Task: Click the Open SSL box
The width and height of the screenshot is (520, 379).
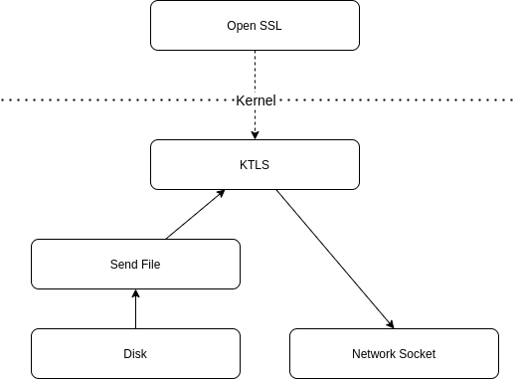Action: click(x=255, y=26)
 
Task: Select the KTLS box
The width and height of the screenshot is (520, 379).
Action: click(x=255, y=164)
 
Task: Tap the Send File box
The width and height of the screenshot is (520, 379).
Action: click(x=135, y=265)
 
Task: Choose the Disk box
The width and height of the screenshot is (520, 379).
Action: click(x=135, y=354)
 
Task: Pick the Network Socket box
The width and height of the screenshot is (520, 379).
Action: click(x=394, y=354)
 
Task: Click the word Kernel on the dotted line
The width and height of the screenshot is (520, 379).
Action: click(x=256, y=100)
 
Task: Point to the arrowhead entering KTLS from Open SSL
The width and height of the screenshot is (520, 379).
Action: click(x=255, y=135)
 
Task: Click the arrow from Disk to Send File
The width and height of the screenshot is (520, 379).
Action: click(x=135, y=309)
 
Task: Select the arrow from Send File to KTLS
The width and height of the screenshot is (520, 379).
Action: click(x=195, y=215)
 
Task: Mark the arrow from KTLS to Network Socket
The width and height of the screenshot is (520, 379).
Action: click(x=335, y=260)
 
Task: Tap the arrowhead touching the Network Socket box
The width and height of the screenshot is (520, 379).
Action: click(x=391, y=324)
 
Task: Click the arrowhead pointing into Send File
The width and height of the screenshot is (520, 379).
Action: click(x=135, y=293)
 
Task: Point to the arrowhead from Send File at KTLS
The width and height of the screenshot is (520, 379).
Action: click(x=221, y=193)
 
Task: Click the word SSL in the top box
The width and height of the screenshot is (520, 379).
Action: click(x=270, y=26)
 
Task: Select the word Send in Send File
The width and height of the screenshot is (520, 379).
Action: click(x=121, y=265)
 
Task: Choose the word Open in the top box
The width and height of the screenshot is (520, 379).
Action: click(x=242, y=26)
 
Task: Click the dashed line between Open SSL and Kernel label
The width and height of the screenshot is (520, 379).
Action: click(x=255, y=73)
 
